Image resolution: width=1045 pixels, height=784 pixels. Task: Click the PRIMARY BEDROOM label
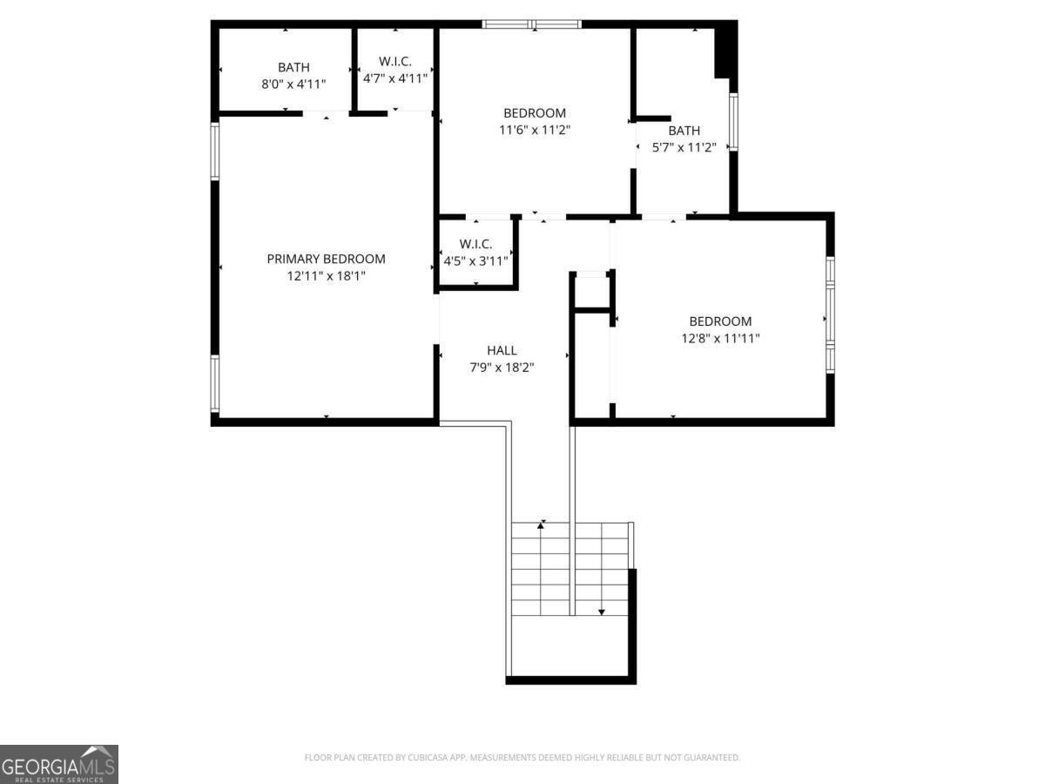tap(326, 259)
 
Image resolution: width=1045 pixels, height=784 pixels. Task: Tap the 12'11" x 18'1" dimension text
tap(326, 276)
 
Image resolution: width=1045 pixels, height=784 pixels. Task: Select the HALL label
tap(502, 351)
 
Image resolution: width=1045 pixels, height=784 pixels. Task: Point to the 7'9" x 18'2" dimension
tap(502, 368)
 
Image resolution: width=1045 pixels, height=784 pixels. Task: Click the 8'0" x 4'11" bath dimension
tap(293, 84)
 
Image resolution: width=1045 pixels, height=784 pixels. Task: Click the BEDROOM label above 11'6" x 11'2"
tap(535, 113)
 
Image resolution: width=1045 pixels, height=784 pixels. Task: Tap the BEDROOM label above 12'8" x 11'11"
tap(720, 321)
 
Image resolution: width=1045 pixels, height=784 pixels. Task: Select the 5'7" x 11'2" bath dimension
tap(684, 147)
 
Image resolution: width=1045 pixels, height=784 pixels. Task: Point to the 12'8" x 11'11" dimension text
tap(720, 339)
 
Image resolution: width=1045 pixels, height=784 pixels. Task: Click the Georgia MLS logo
tap(59, 764)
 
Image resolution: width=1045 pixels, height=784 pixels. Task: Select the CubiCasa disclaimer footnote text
tap(522, 757)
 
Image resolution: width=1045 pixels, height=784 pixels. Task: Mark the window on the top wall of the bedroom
tap(532, 24)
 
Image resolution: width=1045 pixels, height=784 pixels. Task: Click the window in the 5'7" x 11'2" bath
tap(733, 122)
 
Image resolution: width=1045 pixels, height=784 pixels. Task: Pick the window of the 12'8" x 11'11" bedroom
tap(830, 314)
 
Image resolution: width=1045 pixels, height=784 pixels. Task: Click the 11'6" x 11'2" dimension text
tap(535, 130)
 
